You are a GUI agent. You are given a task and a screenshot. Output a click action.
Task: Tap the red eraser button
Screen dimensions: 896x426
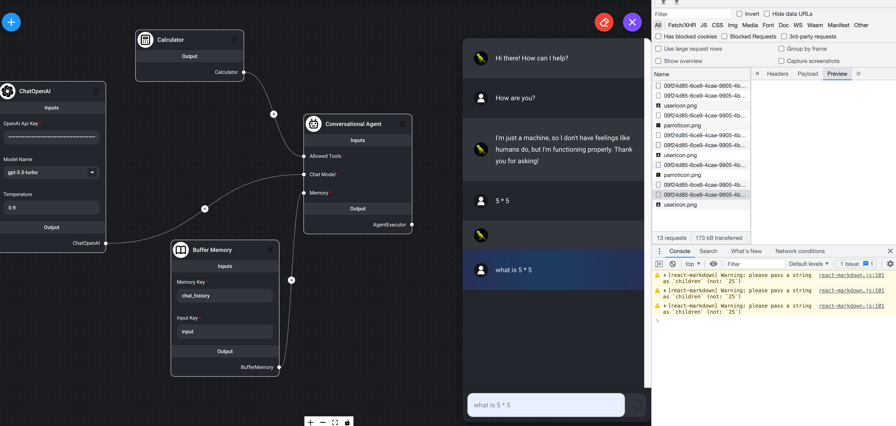click(x=604, y=22)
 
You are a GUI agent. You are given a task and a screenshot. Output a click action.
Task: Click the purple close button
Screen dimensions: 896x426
click(x=632, y=22)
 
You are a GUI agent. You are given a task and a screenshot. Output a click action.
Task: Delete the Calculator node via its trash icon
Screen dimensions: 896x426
click(x=234, y=40)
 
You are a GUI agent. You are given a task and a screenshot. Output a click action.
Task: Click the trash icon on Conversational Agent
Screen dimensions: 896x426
click(x=402, y=124)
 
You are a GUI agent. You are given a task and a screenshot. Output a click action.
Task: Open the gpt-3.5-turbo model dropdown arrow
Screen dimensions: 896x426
click(x=92, y=172)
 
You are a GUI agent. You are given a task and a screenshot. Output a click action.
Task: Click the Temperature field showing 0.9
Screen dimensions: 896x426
click(x=51, y=208)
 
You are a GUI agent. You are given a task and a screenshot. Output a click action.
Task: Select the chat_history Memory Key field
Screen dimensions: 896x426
click(x=225, y=296)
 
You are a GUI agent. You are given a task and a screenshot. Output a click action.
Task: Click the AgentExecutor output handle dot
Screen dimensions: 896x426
click(x=412, y=225)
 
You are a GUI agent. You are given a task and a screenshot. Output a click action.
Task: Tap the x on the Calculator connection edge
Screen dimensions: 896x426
click(x=274, y=114)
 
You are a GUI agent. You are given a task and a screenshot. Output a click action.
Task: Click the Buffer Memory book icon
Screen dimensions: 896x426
click(x=181, y=250)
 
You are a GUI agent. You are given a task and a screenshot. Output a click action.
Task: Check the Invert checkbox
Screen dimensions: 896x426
click(x=739, y=14)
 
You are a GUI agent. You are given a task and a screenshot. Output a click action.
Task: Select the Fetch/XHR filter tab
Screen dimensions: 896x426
click(x=682, y=25)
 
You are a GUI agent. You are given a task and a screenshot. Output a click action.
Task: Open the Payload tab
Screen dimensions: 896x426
click(x=808, y=74)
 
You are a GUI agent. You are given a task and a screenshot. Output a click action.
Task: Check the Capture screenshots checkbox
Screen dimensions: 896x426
click(x=781, y=61)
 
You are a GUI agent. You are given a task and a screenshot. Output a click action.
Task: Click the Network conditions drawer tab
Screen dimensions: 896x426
click(x=800, y=251)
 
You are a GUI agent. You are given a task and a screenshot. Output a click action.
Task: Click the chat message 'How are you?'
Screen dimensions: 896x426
click(x=515, y=98)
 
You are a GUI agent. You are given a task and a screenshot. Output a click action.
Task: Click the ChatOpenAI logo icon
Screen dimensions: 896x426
click(x=8, y=91)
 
